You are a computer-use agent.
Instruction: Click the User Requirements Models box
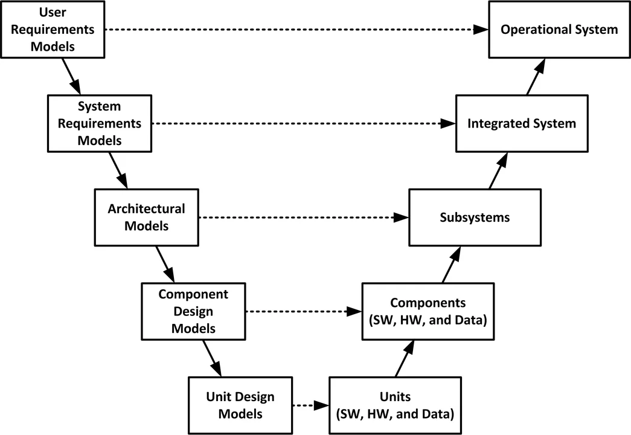[54, 28]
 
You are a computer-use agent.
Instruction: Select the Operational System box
[559, 29]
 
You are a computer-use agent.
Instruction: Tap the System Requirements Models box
[100, 123]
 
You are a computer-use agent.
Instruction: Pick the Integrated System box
[522, 123]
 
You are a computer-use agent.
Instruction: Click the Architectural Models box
[147, 217]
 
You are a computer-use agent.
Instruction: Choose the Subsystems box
[475, 217]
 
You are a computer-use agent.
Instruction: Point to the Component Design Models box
[193, 311]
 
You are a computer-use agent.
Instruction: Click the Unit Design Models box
[240, 405]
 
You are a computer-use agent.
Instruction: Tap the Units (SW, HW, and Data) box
[396, 405]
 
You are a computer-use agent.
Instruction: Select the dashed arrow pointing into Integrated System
[302, 123]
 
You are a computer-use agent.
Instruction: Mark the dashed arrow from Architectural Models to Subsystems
[302, 217]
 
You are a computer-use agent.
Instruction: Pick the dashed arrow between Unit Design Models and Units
[310, 405]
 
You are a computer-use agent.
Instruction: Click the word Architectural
[147, 208]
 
